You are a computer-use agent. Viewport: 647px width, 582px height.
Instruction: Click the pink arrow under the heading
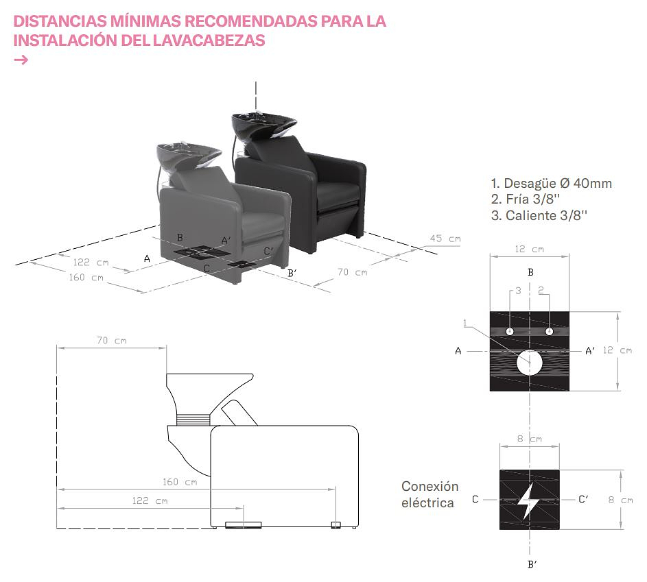[21, 60]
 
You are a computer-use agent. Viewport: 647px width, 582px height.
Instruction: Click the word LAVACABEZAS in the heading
[209, 40]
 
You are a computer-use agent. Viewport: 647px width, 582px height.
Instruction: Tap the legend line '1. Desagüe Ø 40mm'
[551, 183]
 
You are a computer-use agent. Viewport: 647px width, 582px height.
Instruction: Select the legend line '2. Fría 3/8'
[526, 199]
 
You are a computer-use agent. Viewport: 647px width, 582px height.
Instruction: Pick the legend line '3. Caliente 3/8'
[539, 215]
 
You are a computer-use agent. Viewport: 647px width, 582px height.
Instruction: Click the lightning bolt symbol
[528, 500]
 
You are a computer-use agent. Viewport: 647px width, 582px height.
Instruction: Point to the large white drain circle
[530, 363]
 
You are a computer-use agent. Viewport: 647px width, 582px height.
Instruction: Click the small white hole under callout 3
[510, 331]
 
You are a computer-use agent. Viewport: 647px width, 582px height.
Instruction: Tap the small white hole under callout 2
[549, 331]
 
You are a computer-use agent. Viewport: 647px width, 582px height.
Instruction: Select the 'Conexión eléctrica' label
[430, 494]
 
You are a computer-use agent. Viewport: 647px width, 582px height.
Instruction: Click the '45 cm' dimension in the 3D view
[445, 239]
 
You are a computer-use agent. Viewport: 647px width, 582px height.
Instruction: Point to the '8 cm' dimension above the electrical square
[530, 439]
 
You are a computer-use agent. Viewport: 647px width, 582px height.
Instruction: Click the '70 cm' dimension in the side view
[112, 341]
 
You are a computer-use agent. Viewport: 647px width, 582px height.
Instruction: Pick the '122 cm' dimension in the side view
[150, 501]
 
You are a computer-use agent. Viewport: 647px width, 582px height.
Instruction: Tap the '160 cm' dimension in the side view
[180, 482]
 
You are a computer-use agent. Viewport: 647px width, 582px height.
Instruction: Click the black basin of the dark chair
[263, 125]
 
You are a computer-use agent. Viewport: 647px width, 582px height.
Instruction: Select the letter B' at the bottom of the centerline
[532, 564]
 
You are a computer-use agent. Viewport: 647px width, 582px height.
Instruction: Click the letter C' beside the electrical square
[583, 499]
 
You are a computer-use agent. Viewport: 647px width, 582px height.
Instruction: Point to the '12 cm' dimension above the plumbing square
[530, 249]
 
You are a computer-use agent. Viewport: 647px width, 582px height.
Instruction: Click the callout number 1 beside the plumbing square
[465, 323]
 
